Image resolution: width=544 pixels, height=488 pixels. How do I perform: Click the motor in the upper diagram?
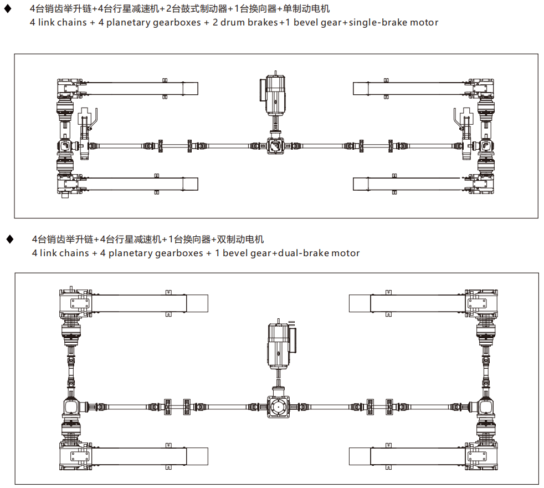(275, 91)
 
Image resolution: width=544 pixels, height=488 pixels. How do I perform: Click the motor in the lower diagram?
(280, 345)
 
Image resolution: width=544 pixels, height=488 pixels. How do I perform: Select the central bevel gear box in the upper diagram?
(275, 146)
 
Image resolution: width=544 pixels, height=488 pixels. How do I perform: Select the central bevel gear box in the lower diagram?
(278, 406)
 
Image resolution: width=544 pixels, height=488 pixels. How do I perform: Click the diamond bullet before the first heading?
(7, 9)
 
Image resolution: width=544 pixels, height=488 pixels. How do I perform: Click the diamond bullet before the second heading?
(9, 240)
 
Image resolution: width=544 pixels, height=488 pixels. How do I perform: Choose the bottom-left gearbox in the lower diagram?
(75, 456)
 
